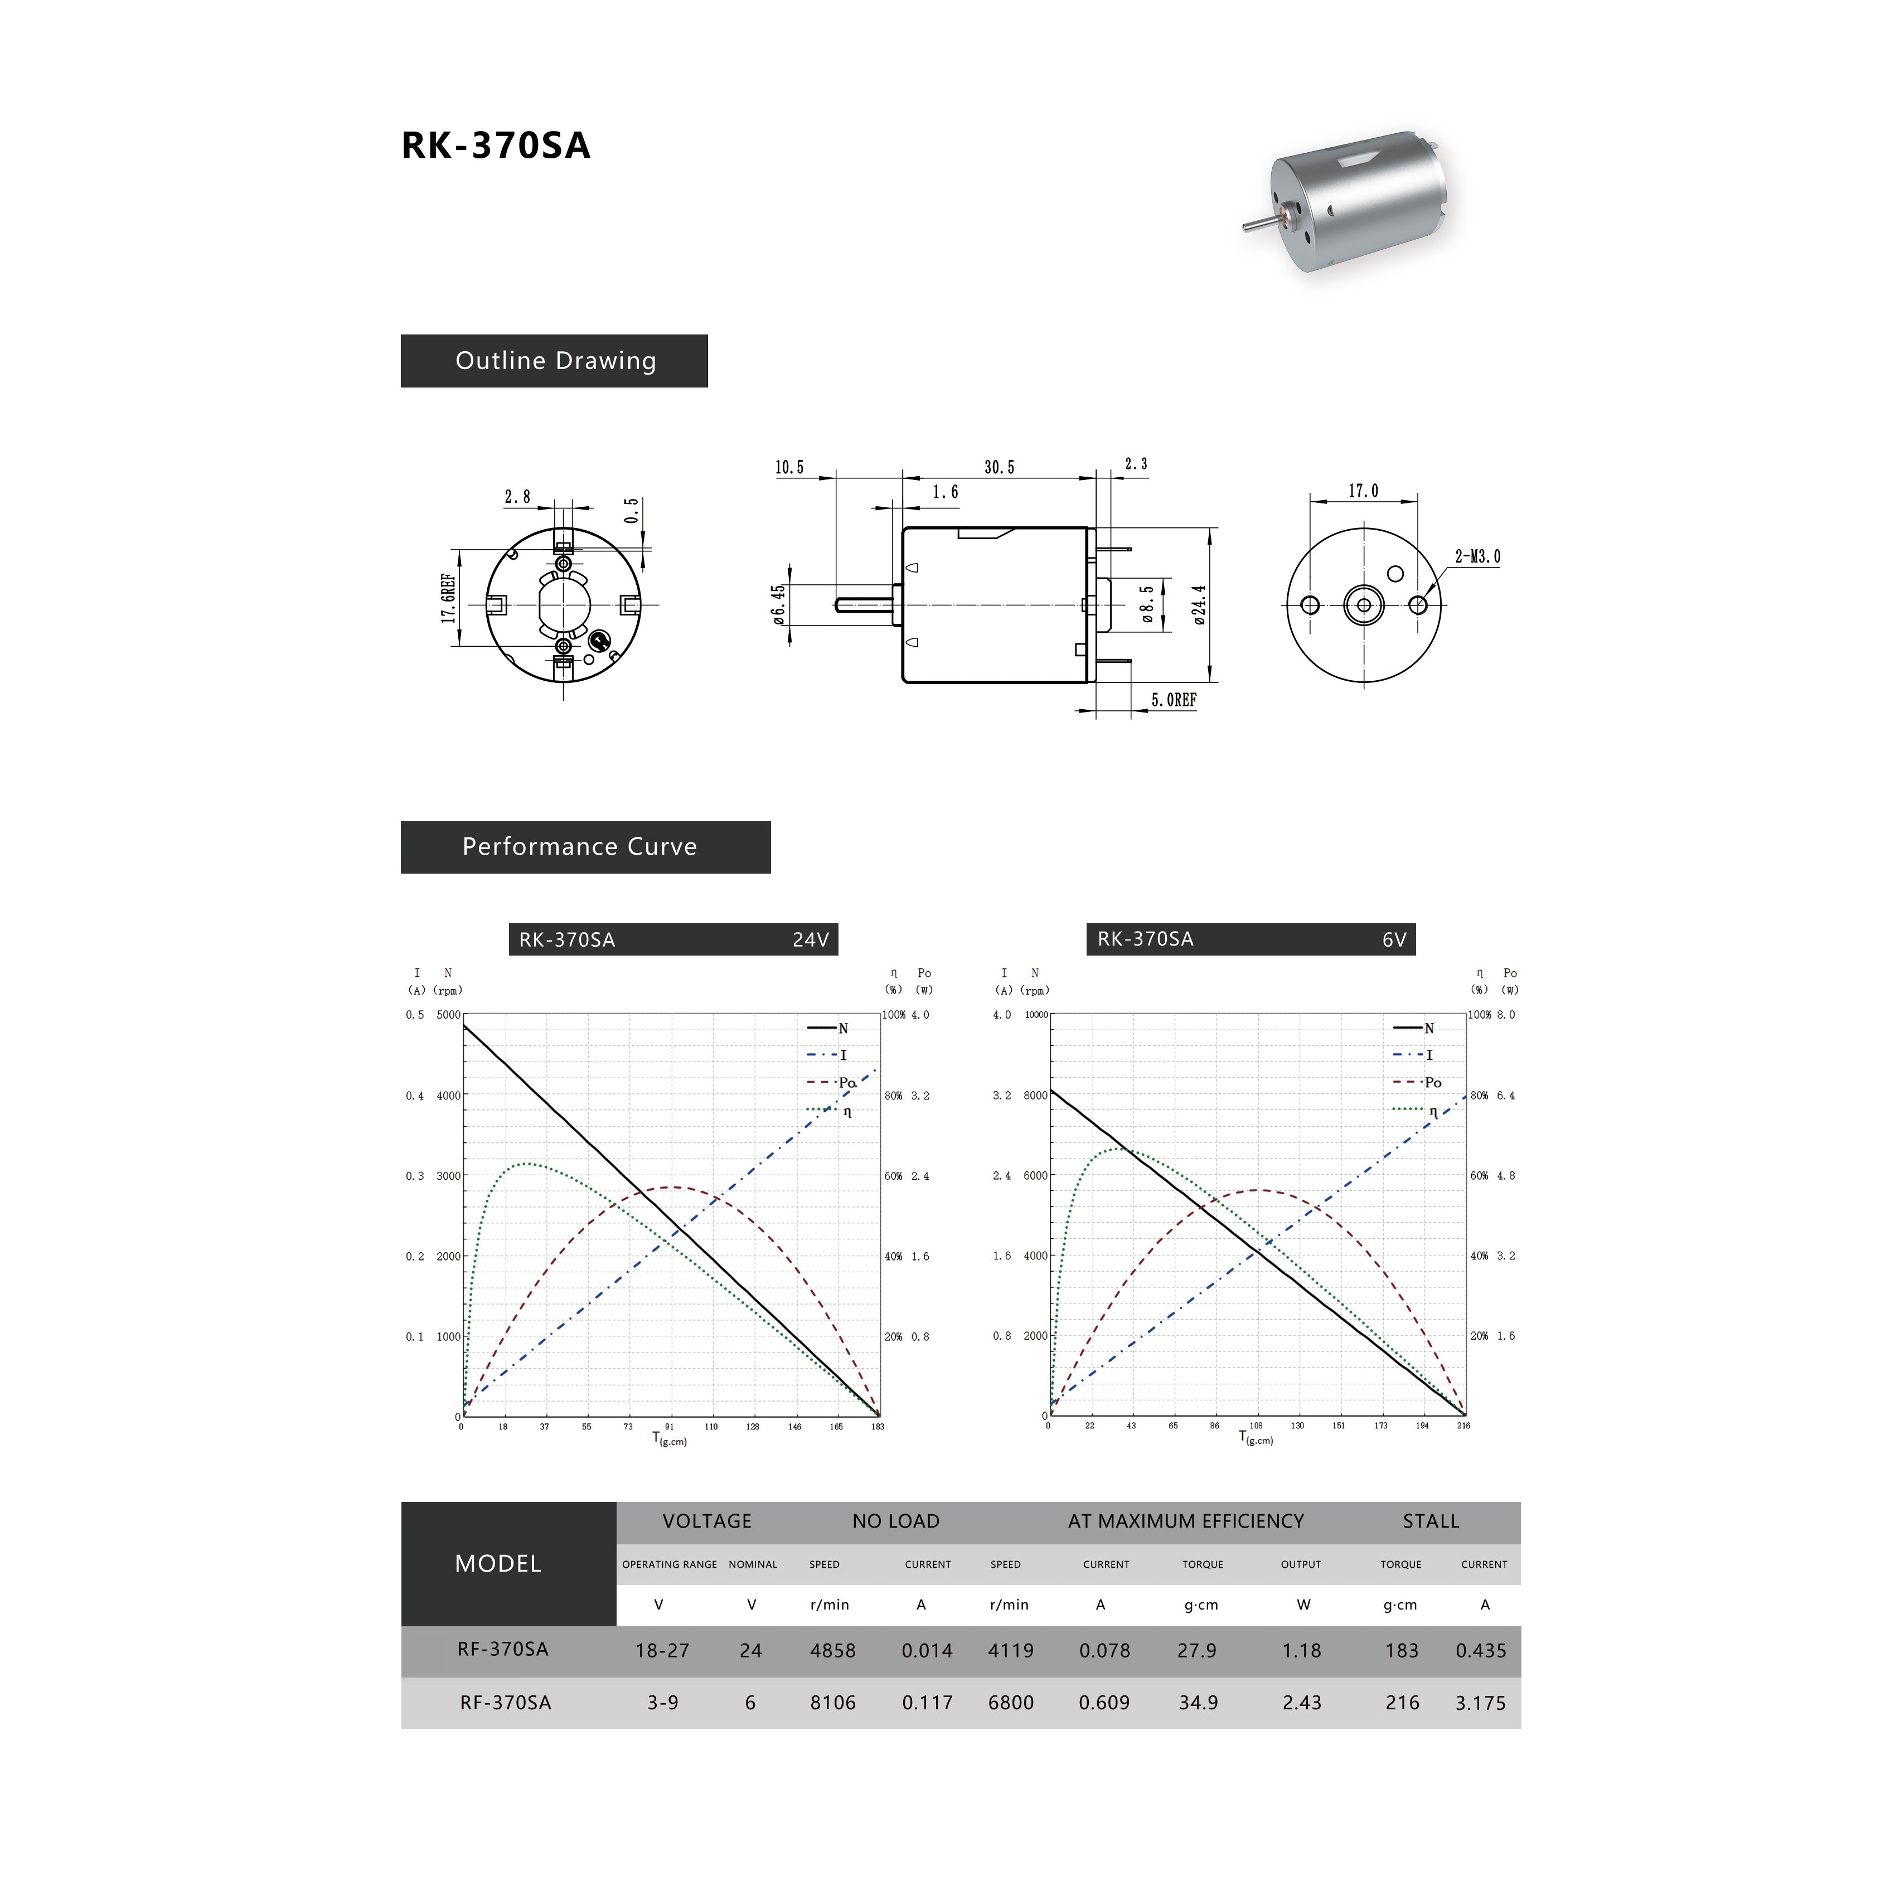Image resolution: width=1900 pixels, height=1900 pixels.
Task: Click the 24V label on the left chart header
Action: (x=811, y=940)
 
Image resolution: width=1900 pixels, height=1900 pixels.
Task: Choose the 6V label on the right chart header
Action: (x=1394, y=940)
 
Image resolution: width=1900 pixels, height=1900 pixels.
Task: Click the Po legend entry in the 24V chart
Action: (x=846, y=1083)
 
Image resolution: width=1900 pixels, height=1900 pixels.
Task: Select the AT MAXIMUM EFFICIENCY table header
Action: (x=1185, y=1521)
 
